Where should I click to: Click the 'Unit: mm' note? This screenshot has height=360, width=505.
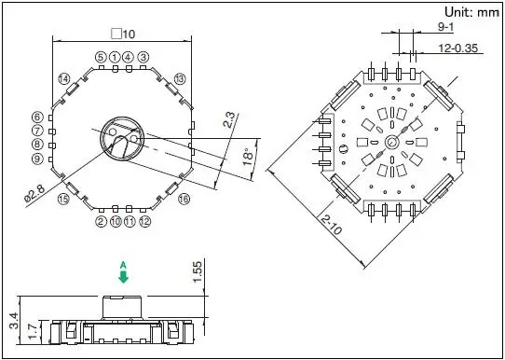coord(471,12)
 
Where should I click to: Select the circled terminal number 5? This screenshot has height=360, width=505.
coord(101,58)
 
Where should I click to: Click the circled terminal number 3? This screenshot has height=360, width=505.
coord(143,58)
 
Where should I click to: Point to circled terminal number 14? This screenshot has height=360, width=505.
coord(64,78)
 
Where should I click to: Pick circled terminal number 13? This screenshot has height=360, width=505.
coord(180,78)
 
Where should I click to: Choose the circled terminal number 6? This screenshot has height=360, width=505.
coord(37,117)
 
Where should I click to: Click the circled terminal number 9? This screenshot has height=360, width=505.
coord(37,159)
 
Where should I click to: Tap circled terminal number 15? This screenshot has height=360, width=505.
coord(63,199)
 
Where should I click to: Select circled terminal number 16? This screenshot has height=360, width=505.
coord(184,200)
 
